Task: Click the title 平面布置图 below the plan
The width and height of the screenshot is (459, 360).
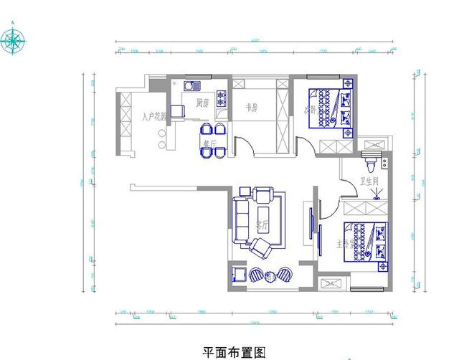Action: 235,352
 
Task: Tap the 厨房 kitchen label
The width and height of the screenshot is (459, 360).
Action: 202,103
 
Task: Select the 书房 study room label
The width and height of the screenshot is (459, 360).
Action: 252,108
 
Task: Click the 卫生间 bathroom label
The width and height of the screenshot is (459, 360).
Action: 370,182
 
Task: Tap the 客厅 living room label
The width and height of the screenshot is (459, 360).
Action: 261,225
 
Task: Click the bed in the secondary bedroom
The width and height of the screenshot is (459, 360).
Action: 331,107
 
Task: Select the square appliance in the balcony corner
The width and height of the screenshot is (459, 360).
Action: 236,274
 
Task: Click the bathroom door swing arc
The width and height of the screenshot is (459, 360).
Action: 349,189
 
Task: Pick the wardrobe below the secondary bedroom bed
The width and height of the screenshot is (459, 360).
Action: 333,146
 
